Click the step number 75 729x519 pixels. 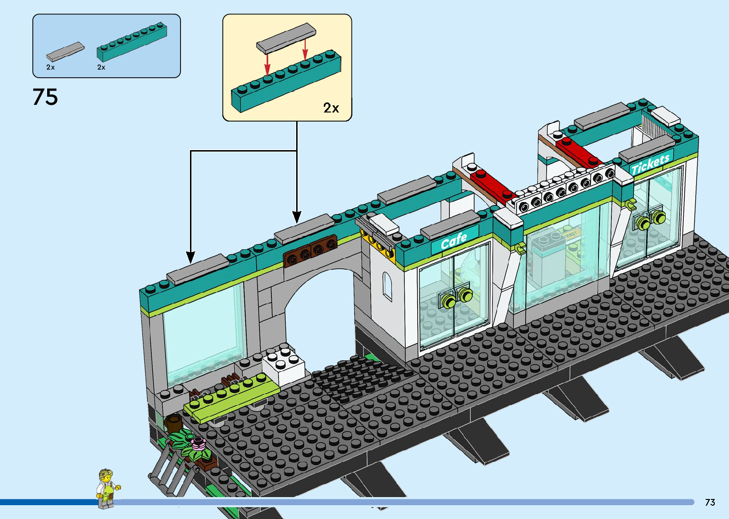[45, 97]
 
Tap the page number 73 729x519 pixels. [709, 502]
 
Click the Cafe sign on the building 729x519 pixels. [453, 240]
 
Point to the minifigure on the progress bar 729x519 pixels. [107, 488]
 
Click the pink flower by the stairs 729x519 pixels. [198, 444]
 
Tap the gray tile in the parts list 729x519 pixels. [65, 51]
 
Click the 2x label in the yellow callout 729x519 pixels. [331, 108]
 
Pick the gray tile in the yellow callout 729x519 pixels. [286, 38]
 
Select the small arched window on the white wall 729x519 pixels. [388, 286]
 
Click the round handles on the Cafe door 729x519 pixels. [456, 297]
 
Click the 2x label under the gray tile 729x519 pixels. [50, 67]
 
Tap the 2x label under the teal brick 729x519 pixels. [101, 67]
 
